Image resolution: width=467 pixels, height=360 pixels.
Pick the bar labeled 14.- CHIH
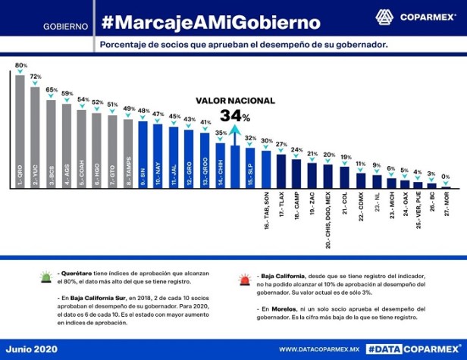coord(221,160)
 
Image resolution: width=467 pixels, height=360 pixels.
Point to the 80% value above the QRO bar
coord(20,65)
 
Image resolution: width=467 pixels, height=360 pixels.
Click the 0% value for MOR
coord(446,177)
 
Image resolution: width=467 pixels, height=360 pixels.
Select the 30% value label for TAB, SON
coord(266,141)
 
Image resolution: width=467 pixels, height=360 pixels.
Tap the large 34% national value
coord(235,116)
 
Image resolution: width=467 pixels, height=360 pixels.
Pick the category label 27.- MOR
coord(446,205)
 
